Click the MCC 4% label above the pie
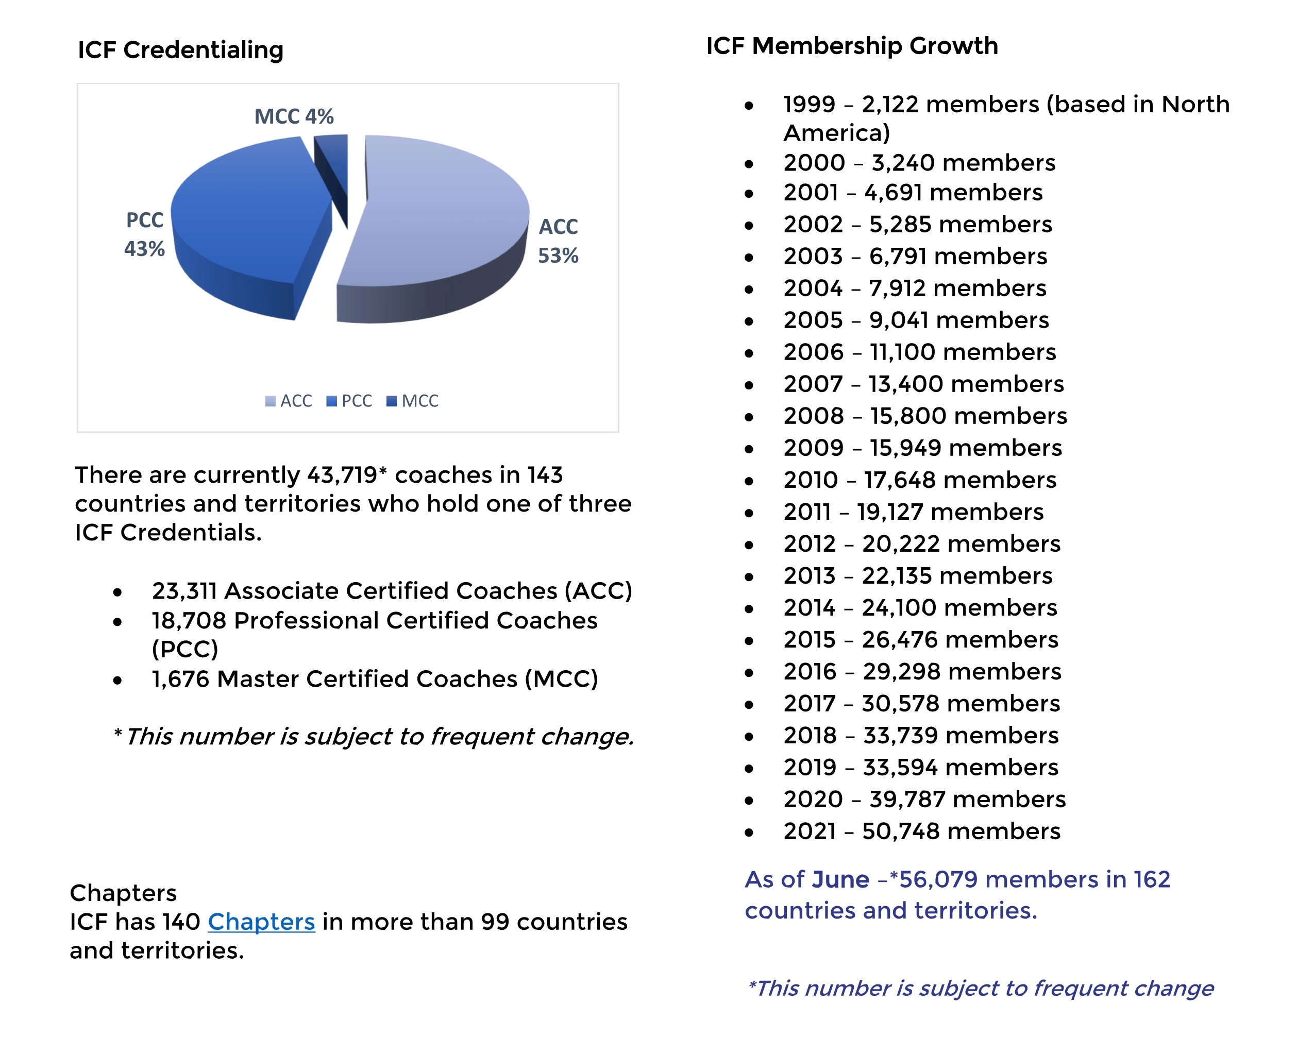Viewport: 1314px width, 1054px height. coord(294,116)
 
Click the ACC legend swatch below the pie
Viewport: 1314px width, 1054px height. coord(270,401)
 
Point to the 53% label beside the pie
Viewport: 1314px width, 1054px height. coord(558,256)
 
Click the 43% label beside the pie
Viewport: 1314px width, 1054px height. coord(144,249)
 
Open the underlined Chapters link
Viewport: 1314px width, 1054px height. coord(261,921)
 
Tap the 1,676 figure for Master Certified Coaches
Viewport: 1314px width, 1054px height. coord(180,678)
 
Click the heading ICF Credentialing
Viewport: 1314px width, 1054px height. coord(180,50)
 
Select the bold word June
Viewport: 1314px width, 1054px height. coord(840,879)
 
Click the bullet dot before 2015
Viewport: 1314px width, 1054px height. coord(749,641)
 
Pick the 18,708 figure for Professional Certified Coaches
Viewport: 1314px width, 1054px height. coord(189,620)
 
